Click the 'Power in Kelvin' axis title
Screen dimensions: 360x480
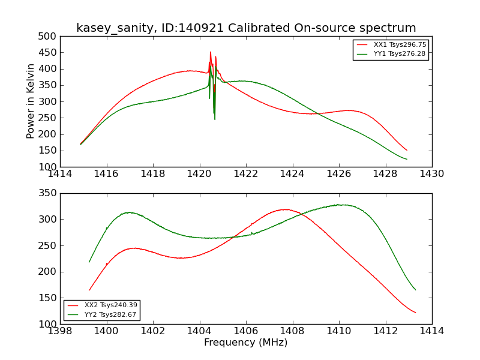(31, 101)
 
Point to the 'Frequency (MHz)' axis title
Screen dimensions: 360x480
(246, 343)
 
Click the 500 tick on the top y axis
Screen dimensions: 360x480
(50, 37)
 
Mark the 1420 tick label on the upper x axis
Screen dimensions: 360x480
(199, 174)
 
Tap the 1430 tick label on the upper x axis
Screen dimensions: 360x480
(431, 174)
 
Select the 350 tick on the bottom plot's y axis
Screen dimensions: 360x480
(50, 194)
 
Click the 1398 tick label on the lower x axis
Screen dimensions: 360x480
(60, 331)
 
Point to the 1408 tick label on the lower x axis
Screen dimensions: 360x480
(292, 331)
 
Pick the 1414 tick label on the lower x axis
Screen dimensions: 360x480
(431, 331)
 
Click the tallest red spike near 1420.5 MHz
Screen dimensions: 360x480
(211, 52)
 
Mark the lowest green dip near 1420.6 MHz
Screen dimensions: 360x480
(215, 119)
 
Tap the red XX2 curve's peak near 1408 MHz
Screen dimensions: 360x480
(286, 209)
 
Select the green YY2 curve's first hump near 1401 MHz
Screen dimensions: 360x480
(128, 212)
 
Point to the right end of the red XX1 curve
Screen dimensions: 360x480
(407, 150)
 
